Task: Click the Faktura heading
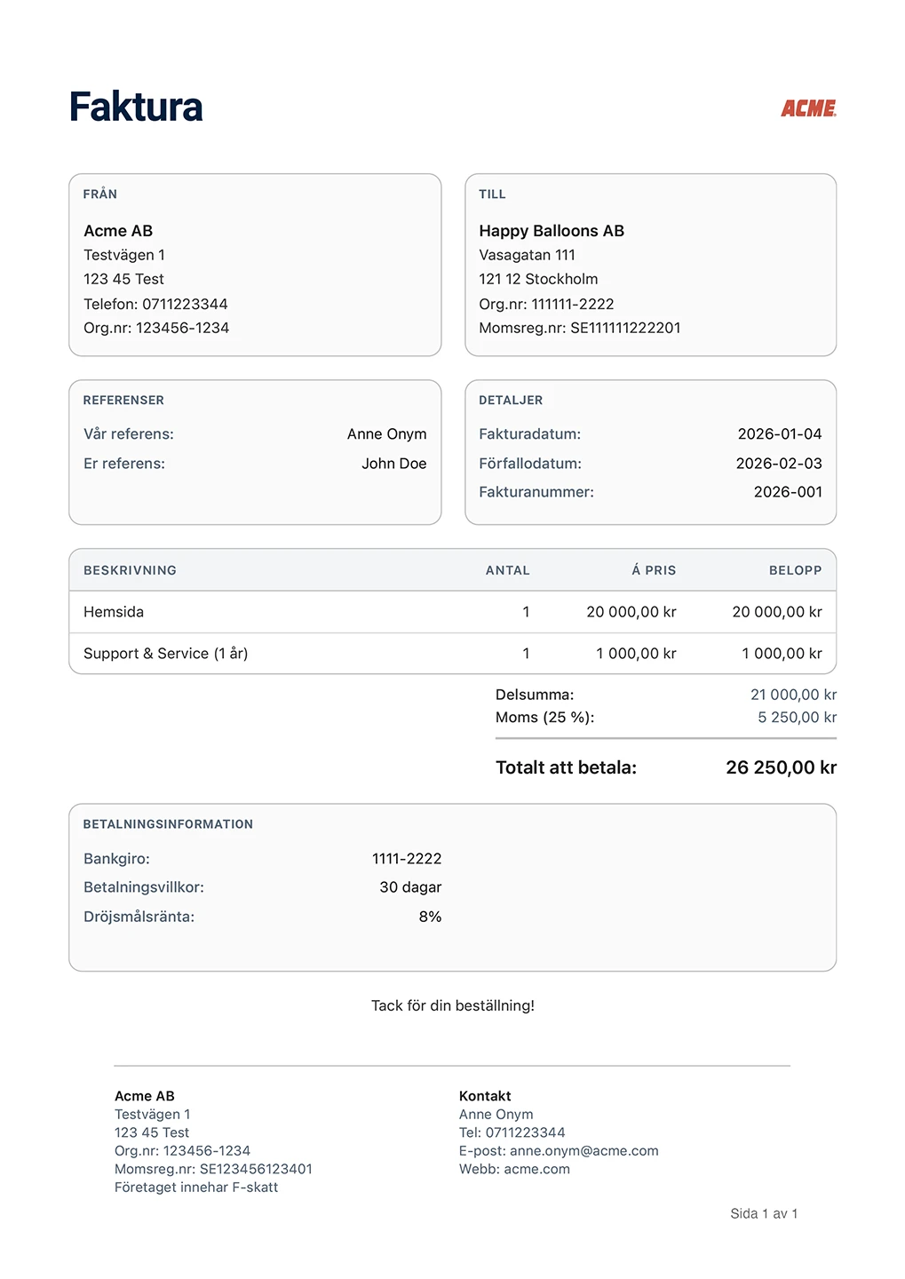click(136, 107)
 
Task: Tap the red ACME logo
click(808, 108)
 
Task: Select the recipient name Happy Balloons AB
click(551, 231)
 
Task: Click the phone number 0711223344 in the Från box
click(185, 304)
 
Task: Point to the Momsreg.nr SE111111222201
click(624, 328)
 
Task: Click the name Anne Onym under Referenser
click(386, 434)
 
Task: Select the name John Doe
click(393, 464)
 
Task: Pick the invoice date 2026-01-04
click(779, 434)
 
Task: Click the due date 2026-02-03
click(778, 464)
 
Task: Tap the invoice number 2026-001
click(787, 492)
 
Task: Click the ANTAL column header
click(507, 570)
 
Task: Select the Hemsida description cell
click(114, 612)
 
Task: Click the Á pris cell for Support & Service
click(635, 654)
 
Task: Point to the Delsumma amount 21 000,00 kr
click(793, 695)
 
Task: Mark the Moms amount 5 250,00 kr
click(797, 718)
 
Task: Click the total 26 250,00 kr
click(781, 767)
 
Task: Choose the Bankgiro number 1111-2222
click(406, 859)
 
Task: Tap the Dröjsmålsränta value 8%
click(430, 917)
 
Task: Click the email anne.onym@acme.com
click(583, 1151)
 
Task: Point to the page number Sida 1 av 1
click(764, 1213)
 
